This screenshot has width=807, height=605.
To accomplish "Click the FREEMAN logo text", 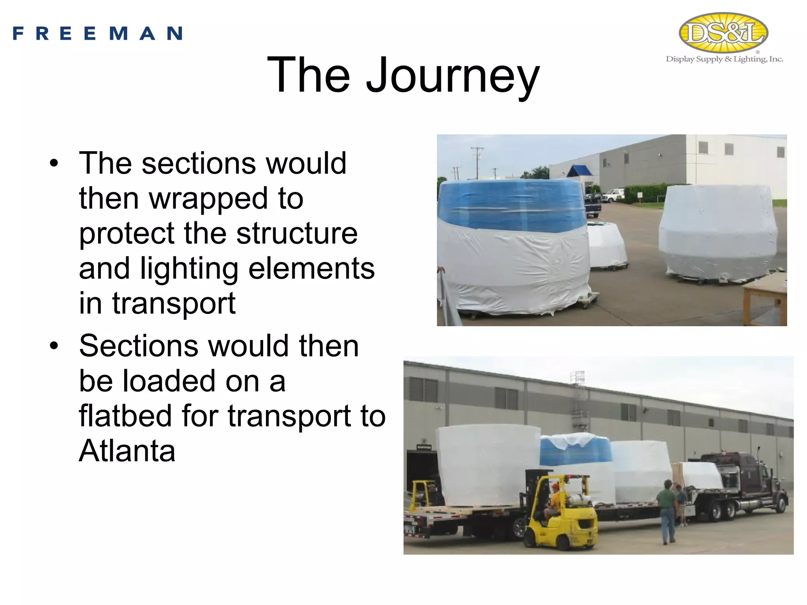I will coord(98,33).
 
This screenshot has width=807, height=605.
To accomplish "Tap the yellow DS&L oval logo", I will coord(723,33).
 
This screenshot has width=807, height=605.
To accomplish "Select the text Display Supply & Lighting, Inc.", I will coord(724,59).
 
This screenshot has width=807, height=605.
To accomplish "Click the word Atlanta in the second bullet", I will coord(127,451).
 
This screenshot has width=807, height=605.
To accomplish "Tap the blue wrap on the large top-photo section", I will coord(512,205).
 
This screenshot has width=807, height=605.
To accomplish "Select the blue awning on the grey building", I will coord(579,171).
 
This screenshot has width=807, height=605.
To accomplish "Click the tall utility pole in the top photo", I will coord(477,161).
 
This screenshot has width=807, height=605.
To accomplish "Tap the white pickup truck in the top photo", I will coord(613,195).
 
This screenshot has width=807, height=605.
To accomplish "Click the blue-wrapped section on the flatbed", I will coord(575,451).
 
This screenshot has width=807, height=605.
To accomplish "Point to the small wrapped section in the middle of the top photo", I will coord(607,244).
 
